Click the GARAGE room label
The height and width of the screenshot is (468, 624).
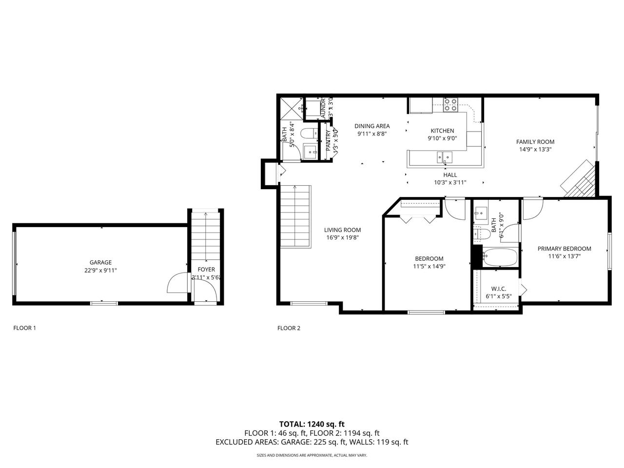click(100, 262)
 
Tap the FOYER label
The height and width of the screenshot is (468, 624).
click(206, 270)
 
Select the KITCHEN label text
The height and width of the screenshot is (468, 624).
click(442, 131)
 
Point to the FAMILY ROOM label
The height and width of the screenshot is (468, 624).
click(535, 142)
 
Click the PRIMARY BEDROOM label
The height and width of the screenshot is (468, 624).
click(564, 249)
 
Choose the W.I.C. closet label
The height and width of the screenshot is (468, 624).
click(499, 289)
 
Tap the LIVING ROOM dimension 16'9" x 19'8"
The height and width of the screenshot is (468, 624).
click(342, 238)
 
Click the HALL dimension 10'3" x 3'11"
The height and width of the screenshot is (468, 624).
click(450, 182)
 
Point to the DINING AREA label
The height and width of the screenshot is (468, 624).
click(372, 126)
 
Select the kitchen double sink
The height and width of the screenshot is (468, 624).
click(444, 157)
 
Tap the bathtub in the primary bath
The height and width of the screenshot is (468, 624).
click(500, 257)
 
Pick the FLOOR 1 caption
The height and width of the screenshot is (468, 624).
click(24, 328)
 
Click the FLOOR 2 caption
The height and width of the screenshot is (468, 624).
click(289, 328)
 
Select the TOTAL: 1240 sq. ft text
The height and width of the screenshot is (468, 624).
click(312, 424)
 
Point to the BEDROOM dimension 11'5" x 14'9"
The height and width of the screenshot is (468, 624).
click(429, 266)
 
